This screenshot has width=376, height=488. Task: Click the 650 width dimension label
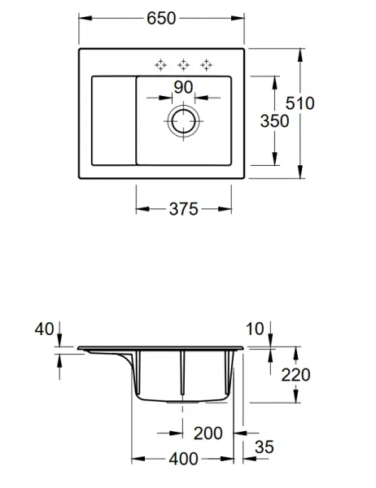coord(161,19)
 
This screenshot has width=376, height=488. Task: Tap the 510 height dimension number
coord(300,103)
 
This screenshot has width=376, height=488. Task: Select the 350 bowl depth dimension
coord(274,121)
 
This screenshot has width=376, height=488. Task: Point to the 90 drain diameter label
coord(183,87)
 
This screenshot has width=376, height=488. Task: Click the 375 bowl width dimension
coord(183,209)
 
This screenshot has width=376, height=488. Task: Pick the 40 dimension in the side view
coord(44,329)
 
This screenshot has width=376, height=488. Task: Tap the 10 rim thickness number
coord(255,329)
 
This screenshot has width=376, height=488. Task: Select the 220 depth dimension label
coord(295,375)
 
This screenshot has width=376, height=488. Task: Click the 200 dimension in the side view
coord(208,434)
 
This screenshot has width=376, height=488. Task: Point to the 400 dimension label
coord(183,459)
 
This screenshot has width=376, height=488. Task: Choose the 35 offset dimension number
coord(265,447)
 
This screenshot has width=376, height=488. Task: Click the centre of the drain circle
coord(183,121)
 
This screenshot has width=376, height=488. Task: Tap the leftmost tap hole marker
coord(160,65)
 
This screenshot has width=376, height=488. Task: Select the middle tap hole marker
coord(183,65)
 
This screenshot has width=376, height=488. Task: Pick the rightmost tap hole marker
coord(206,65)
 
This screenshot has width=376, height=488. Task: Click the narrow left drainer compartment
coord(114,120)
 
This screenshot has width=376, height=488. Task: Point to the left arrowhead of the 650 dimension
coord(85,18)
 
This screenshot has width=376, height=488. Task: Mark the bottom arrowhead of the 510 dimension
coord(300,172)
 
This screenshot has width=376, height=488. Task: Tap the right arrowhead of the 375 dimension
coord(225,209)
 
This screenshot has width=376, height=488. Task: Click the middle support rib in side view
coord(182,373)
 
